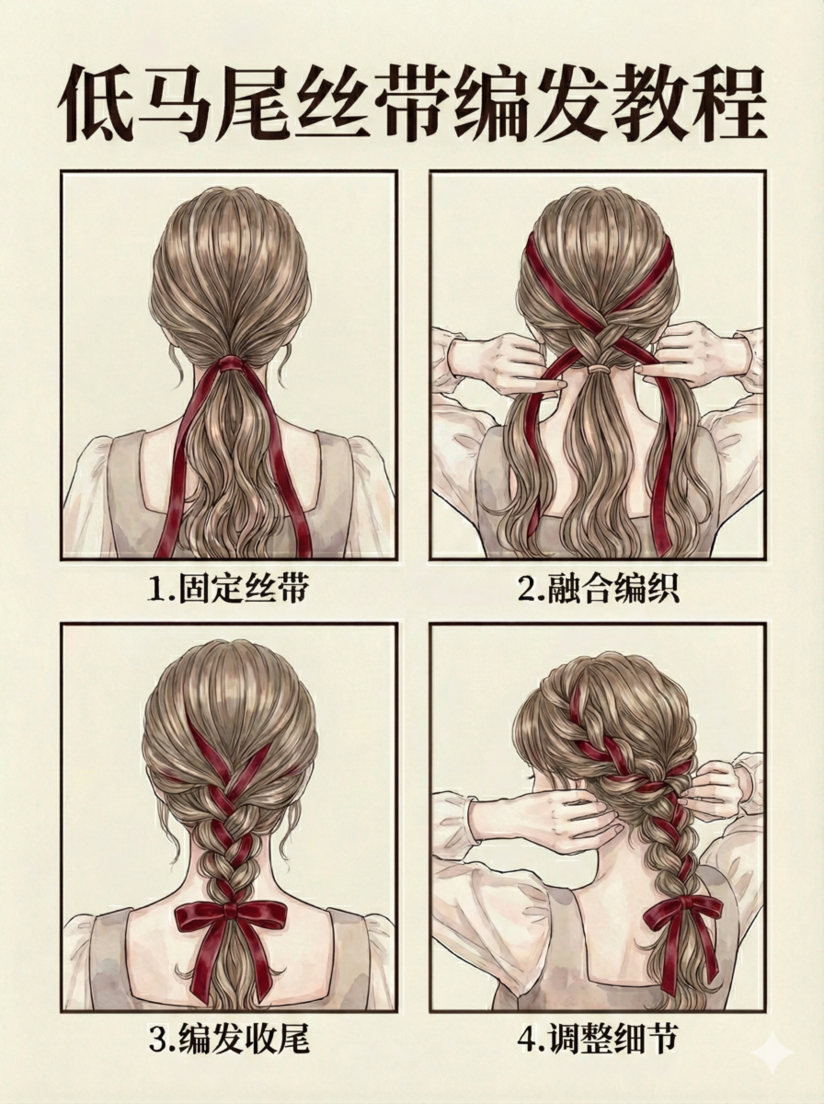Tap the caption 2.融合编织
point(598,589)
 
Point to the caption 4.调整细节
point(598,1040)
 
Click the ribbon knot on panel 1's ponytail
point(230,365)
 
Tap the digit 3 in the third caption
point(156,1041)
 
